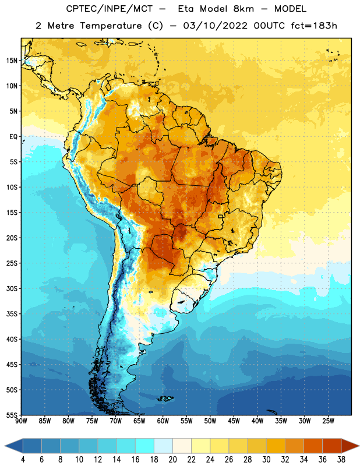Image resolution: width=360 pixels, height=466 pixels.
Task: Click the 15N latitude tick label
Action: point(12,61)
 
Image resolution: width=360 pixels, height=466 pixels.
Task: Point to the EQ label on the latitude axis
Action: point(13,137)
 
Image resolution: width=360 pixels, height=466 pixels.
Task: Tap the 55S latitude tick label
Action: point(12,415)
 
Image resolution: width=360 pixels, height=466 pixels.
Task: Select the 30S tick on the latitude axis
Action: point(12,288)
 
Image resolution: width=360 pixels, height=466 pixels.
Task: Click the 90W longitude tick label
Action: point(21,421)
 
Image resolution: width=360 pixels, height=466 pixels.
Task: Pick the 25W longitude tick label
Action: point(328,421)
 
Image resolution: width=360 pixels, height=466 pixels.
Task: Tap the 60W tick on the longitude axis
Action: point(163,421)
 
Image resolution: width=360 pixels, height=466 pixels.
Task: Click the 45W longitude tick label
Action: point(234,421)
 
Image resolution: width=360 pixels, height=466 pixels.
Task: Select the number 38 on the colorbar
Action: point(341,460)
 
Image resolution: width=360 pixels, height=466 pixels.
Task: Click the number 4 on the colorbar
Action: point(23,460)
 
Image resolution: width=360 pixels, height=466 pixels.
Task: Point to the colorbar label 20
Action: point(172,460)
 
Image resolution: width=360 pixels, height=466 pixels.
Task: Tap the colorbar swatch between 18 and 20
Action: point(163,446)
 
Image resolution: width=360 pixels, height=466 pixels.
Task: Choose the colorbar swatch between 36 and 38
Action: point(332,446)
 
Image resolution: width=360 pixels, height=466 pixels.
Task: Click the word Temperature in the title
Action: point(111,26)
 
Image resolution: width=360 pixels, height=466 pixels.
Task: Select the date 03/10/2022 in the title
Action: point(215,26)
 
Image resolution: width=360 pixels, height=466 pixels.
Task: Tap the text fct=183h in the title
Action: point(314,26)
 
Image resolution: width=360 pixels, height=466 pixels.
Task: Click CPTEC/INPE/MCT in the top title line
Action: point(110,9)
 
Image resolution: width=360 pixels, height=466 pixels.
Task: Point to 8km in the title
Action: point(243,9)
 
